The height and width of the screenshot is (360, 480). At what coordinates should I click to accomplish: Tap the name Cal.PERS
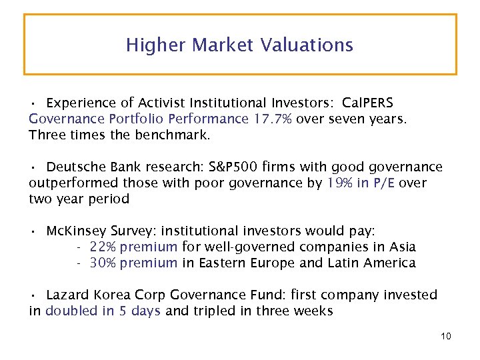[x=367, y=103]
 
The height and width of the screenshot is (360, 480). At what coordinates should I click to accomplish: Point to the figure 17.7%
[x=273, y=119]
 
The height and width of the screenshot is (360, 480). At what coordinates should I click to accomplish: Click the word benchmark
[x=173, y=135]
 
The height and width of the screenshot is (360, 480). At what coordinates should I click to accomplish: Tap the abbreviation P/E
[x=386, y=183]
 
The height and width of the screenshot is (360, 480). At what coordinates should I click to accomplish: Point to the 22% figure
[x=102, y=247]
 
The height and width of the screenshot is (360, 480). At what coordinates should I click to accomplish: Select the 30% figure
[x=102, y=263]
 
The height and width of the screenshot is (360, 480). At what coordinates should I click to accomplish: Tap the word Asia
[x=402, y=247]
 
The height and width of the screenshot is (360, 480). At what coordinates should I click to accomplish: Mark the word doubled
[x=68, y=311]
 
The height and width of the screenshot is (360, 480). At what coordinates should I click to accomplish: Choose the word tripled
[x=213, y=311]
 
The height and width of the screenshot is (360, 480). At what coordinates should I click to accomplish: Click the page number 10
[x=445, y=336]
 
